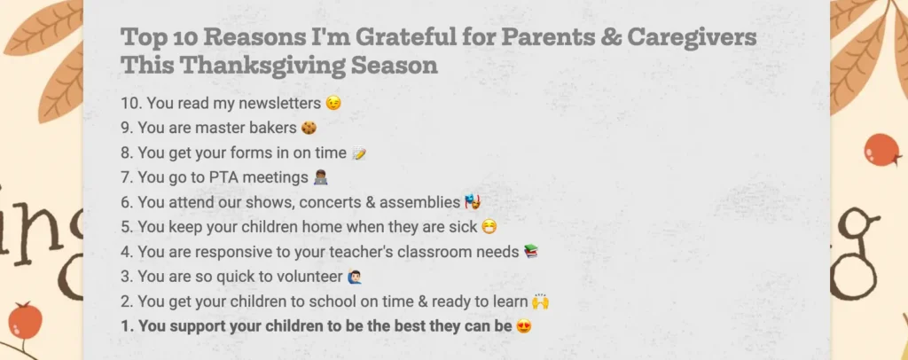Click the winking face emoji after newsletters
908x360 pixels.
pyautogui.click(x=333, y=103)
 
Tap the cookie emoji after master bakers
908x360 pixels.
pyautogui.click(x=309, y=128)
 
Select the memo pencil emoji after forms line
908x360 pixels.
pyautogui.click(x=359, y=153)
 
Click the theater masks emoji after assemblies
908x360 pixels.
pyautogui.click(x=474, y=202)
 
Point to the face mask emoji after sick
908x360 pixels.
pyautogui.click(x=489, y=227)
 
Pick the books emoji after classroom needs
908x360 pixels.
pyautogui.click(x=531, y=251)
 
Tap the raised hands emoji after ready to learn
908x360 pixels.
pyautogui.click(x=540, y=301)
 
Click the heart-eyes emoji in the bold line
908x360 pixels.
pyautogui.click(x=524, y=326)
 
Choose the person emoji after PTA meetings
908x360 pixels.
pyautogui.click(x=321, y=177)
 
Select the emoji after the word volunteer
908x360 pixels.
pyautogui.click(x=355, y=277)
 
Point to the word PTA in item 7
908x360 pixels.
pyautogui.click(x=220, y=177)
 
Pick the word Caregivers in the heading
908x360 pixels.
pyautogui.click(x=692, y=37)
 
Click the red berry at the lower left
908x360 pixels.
pyautogui.click(x=25, y=320)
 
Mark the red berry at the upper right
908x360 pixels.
pyautogui.click(x=882, y=150)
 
